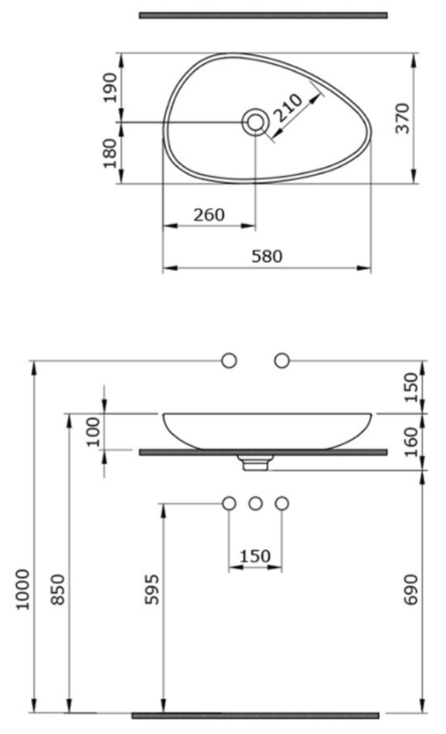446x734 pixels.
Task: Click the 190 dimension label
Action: coord(111,87)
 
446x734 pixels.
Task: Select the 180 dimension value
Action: coord(111,153)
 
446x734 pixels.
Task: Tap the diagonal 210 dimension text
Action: coord(288,108)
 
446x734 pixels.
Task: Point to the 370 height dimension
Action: coord(403,118)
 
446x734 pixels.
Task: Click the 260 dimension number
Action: coord(209,215)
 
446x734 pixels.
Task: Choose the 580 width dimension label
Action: coord(267,257)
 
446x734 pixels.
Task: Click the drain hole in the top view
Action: coord(255,122)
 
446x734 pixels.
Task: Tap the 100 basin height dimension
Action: coord(94,432)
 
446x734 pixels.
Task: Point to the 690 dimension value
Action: coord(410,590)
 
